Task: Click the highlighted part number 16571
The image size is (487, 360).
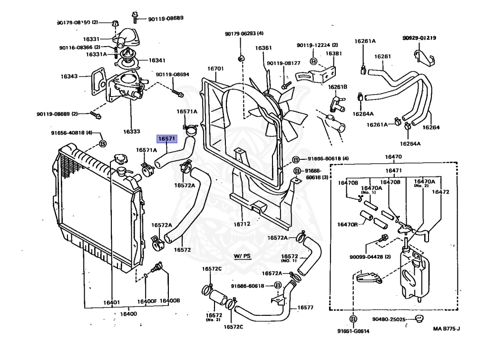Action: (167, 139)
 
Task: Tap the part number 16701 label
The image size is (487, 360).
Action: (215, 68)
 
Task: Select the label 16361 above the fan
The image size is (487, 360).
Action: (263, 48)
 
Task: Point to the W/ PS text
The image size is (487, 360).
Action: (242, 256)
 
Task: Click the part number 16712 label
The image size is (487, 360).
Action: (241, 224)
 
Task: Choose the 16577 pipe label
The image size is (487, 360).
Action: (305, 307)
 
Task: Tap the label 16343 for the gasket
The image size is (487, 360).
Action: (69, 76)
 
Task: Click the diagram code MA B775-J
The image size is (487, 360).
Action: (446, 328)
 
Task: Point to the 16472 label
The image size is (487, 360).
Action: (440, 192)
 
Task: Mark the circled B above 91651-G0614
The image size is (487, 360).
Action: (353, 319)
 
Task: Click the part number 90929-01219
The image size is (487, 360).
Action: (419, 38)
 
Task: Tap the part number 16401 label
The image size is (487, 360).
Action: (111, 302)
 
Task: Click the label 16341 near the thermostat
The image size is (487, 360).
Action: (157, 60)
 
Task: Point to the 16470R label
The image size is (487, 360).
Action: (348, 224)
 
